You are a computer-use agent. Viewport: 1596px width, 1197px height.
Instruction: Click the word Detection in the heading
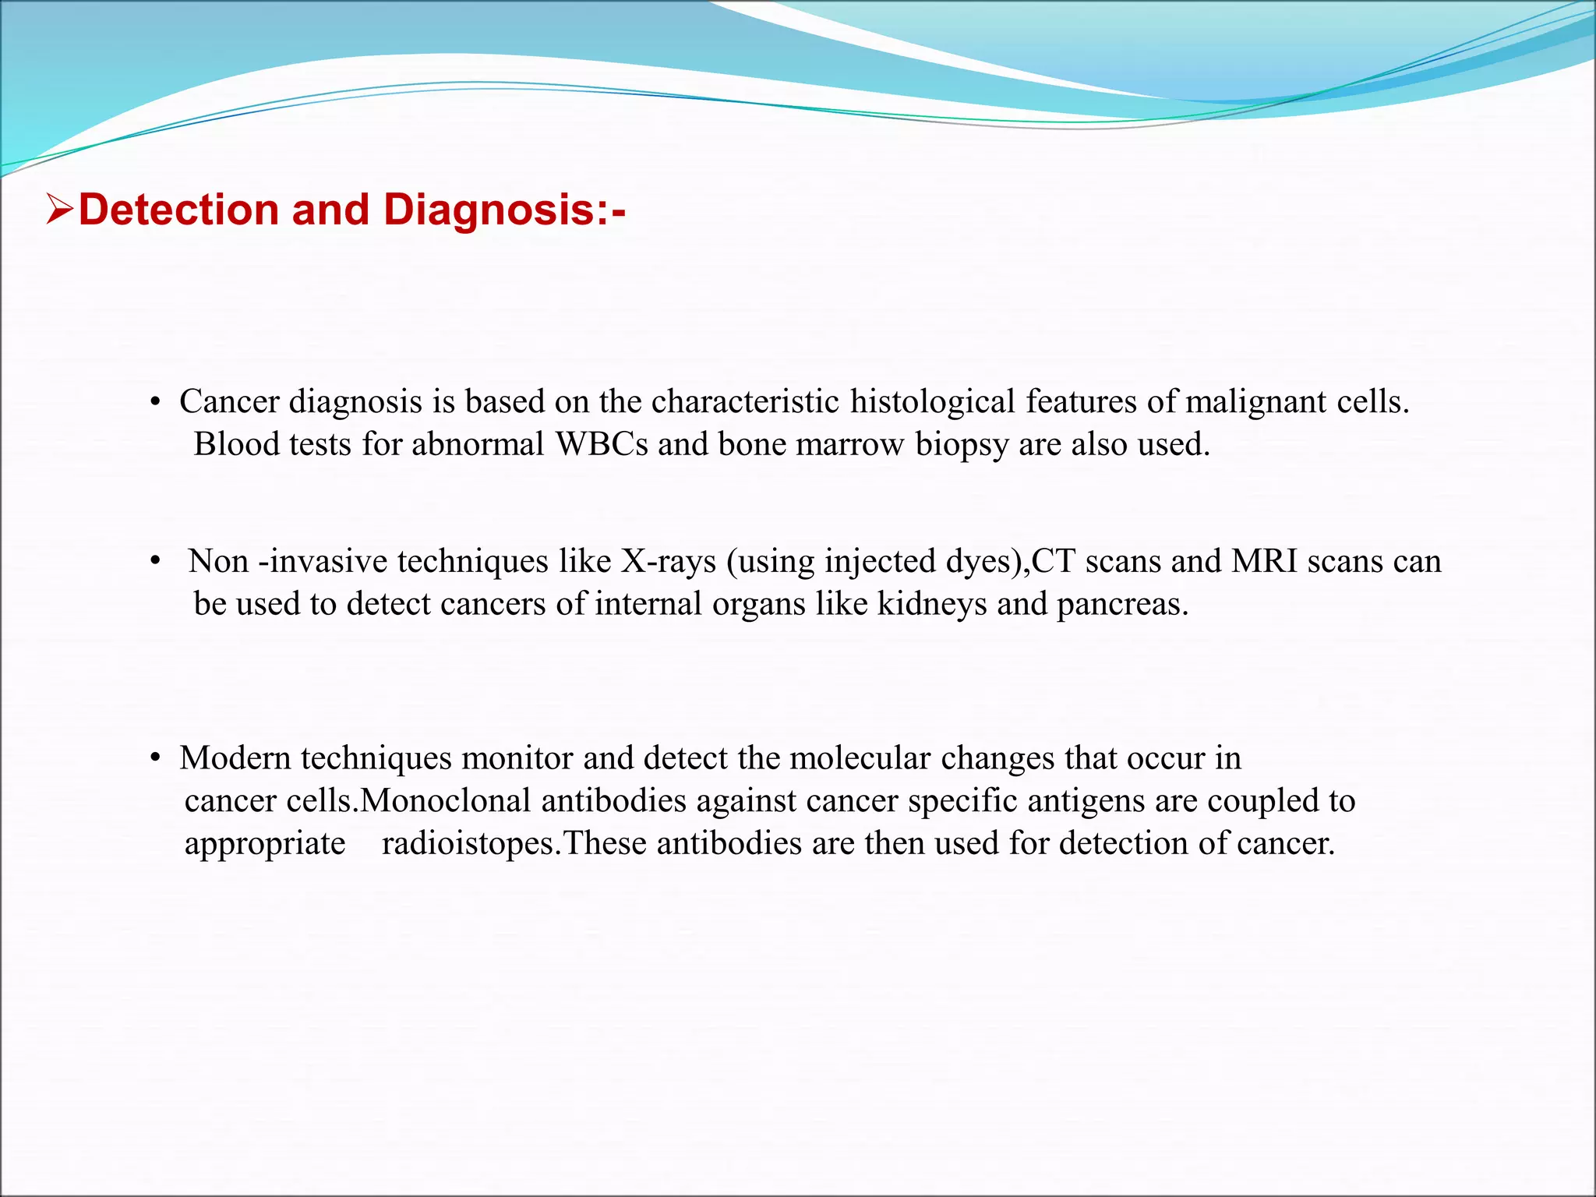(179, 210)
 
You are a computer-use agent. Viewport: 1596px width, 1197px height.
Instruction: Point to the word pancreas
(1122, 605)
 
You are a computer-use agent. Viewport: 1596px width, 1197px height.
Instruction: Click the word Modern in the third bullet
(235, 758)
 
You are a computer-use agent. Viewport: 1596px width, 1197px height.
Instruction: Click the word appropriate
(265, 844)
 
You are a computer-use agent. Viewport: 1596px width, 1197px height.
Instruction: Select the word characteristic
(745, 402)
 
